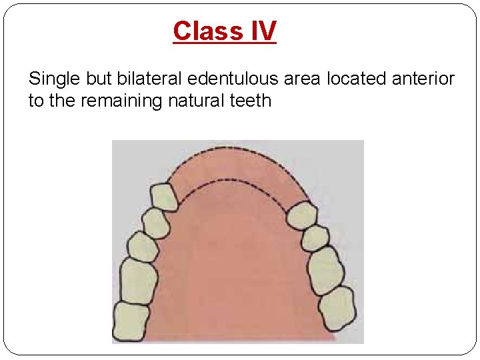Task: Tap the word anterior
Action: click(x=421, y=79)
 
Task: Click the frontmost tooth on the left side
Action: click(x=164, y=197)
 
